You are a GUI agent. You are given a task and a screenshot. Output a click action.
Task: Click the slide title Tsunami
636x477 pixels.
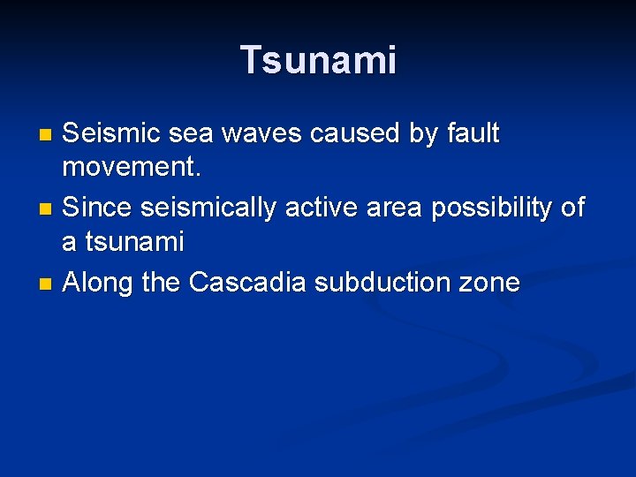pyautogui.click(x=318, y=60)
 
